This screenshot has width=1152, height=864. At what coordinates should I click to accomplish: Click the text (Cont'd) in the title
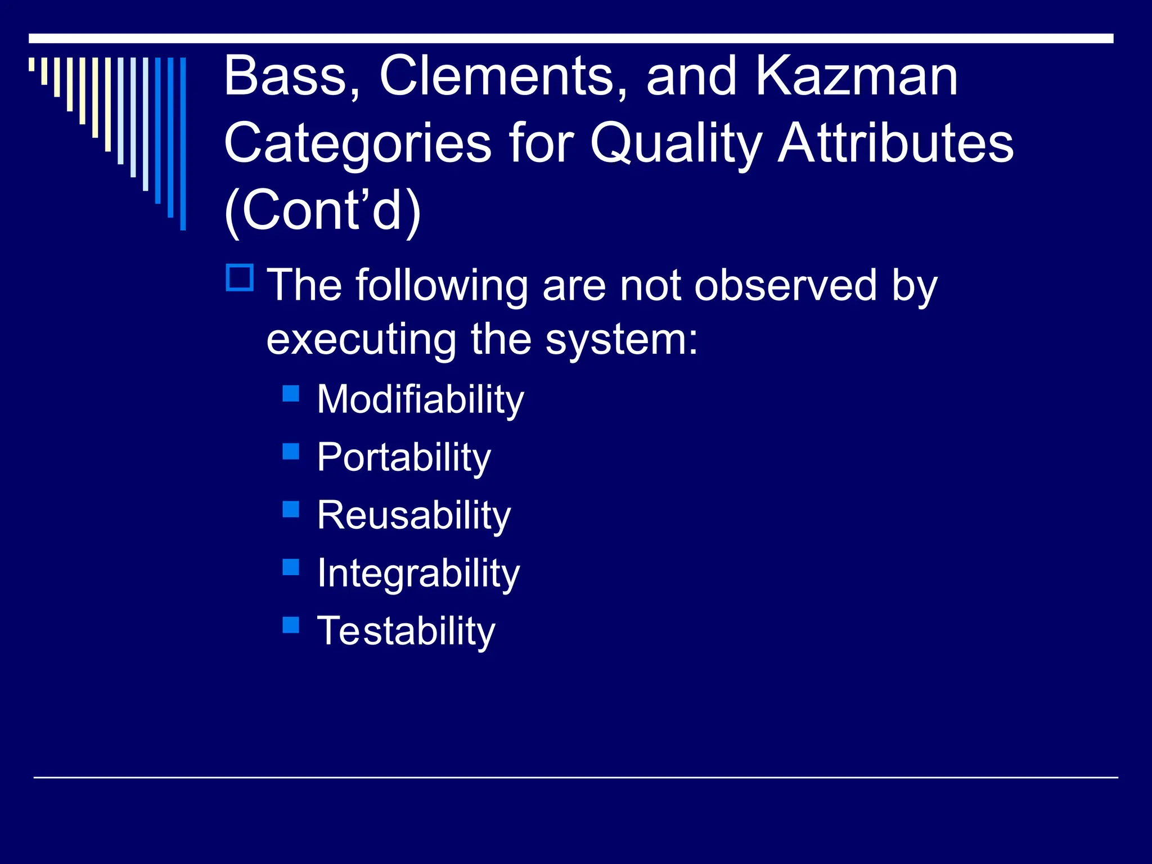tap(322, 210)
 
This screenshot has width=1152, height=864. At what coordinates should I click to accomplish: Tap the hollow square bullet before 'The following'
tap(240, 278)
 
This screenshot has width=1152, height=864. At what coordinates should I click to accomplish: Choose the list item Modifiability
tap(420, 399)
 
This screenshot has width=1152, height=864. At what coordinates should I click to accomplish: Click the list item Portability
tap(403, 457)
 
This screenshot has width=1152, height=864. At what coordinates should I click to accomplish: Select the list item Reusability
tap(413, 515)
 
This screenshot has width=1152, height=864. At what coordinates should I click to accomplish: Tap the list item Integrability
tap(418, 574)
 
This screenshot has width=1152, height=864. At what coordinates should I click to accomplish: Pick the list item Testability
tap(406, 631)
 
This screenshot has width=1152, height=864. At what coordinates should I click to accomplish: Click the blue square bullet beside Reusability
tap(291, 509)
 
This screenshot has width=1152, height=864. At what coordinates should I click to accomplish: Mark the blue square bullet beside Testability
tap(291, 625)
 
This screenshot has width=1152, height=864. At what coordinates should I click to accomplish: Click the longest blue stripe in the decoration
tap(183, 143)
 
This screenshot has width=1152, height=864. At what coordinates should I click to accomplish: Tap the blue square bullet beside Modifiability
tap(291, 393)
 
